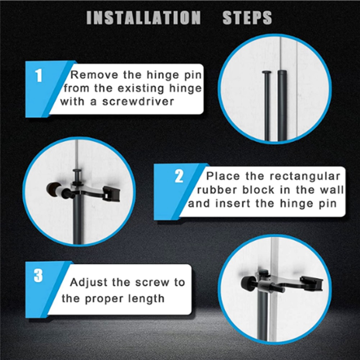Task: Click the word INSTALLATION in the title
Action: click(x=143, y=18)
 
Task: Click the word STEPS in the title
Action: click(x=247, y=18)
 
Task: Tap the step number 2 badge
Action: click(x=179, y=177)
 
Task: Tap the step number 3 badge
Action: click(x=39, y=276)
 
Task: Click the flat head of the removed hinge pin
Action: click(x=267, y=72)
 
